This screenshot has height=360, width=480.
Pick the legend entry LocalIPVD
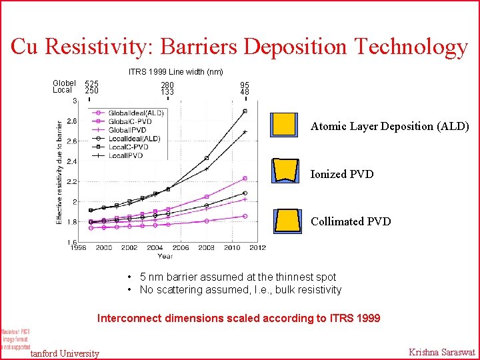(x=126, y=155)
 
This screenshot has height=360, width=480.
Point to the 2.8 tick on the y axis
(x=71, y=121)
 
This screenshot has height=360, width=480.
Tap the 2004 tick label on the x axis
(x=155, y=247)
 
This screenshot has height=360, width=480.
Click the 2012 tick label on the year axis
(x=258, y=247)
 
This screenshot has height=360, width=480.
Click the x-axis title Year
(x=165, y=256)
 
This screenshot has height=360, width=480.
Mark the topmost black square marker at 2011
(x=245, y=111)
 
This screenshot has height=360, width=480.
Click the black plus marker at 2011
(x=245, y=132)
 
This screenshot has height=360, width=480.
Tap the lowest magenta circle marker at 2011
(x=245, y=216)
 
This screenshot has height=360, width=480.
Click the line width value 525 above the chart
(x=91, y=84)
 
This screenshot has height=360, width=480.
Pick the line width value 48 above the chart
(x=245, y=92)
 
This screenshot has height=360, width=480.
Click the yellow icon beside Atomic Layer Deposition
(x=284, y=125)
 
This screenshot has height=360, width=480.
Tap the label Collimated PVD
(x=351, y=221)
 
